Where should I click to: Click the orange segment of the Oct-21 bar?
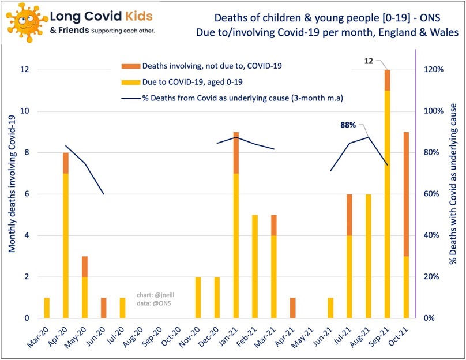407,194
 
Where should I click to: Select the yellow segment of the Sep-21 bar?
388,204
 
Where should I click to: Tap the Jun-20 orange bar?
103,307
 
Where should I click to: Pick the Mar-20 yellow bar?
47,307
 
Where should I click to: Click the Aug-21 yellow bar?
369,256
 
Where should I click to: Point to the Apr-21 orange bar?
292,307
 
